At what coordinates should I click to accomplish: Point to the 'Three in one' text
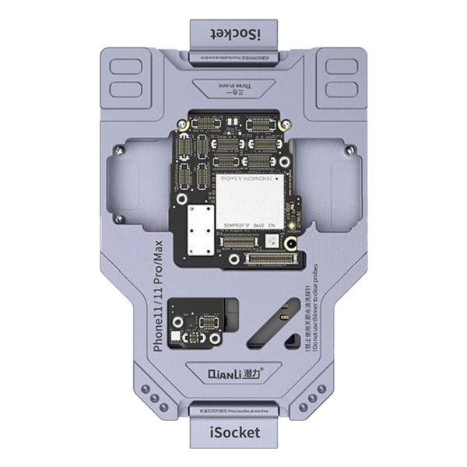coord(233,86)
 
